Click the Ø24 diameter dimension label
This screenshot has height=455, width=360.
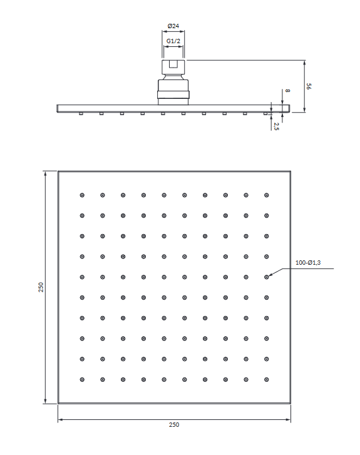[173, 26]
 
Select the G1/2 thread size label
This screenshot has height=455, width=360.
[173, 41]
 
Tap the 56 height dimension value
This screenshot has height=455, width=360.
[309, 86]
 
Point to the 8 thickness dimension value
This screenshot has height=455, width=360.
[287, 91]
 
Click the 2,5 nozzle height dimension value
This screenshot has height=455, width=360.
[276, 126]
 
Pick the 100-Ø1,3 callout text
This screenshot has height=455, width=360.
[308, 263]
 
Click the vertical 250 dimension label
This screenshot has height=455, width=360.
[41, 287]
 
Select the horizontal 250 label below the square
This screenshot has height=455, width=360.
[174, 425]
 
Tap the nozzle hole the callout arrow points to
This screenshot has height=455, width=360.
[267, 277]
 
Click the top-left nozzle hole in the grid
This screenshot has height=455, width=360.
[82, 195]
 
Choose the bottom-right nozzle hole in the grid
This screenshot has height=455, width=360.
[267, 379]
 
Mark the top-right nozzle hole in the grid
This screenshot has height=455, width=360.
[267, 195]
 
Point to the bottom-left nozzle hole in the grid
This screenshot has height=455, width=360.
[82, 379]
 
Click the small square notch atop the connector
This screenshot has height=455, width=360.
[173, 64]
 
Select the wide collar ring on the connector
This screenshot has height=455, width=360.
[173, 95]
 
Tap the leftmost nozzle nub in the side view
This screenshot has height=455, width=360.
[81, 114]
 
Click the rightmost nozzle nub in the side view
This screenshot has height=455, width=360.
[265, 114]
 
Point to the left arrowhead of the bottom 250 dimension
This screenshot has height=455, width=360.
[60, 419]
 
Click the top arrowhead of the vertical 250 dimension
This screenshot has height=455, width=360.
[45, 174]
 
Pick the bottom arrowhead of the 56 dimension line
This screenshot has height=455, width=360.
[304, 110]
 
